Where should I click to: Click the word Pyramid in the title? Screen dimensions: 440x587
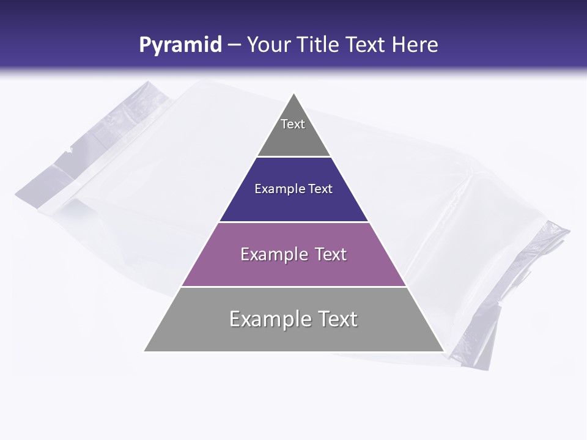[x=180, y=45]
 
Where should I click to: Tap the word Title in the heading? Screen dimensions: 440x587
[x=318, y=45]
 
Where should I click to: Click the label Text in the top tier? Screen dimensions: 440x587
[x=293, y=124]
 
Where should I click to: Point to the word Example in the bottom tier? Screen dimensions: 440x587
[x=268, y=319]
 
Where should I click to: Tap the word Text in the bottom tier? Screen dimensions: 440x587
[x=335, y=319]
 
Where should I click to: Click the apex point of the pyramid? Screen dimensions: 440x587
[x=294, y=94]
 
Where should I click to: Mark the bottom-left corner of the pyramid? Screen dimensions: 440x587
[x=144, y=351]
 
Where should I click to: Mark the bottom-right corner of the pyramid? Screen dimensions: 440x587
[x=443, y=351]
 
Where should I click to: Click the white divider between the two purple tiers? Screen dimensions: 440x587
[x=294, y=222]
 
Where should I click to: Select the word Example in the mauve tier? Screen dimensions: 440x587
[x=273, y=254]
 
